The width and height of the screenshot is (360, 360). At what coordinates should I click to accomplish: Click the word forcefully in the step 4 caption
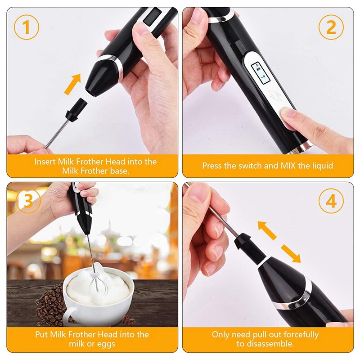298,334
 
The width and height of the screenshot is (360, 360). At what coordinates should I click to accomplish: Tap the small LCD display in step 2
257,72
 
